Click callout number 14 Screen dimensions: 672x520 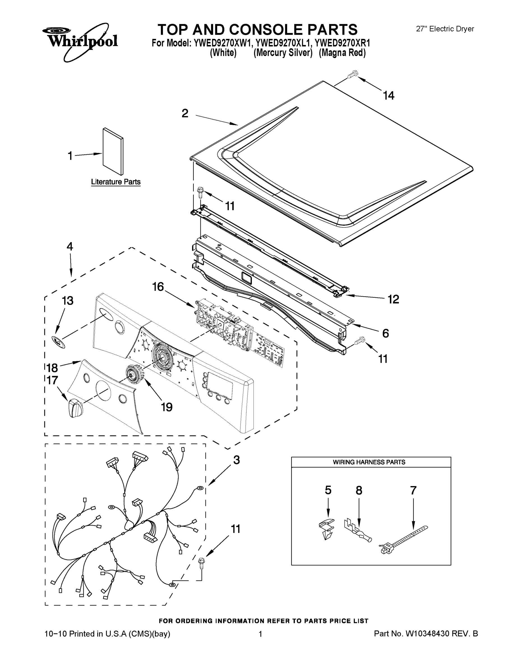[x=389, y=96]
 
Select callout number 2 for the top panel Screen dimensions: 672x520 [x=185, y=113]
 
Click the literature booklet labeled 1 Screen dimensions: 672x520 [x=113, y=151]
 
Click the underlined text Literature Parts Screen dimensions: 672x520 [x=116, y=182]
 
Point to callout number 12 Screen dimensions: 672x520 [x=393, y=299]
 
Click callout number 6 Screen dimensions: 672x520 [x=385, y=333]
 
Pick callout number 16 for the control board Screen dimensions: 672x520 [x=158, y=287]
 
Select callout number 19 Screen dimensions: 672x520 [x=167, y=407]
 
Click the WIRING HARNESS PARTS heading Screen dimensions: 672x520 [x=369, y=462]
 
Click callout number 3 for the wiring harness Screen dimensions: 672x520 [x=236, y=460]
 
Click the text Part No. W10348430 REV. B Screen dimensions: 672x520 [x=426, y=634]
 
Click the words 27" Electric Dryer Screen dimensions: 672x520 [x=445, y=29]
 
